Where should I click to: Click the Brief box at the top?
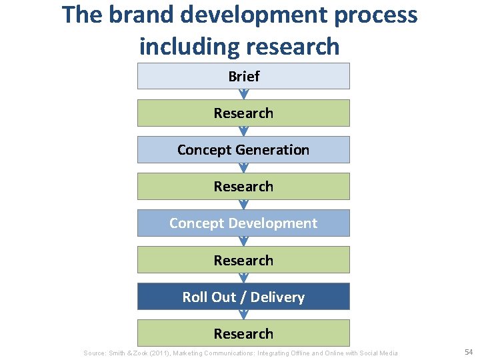coord(243,76)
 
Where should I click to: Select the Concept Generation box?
coord(243,150)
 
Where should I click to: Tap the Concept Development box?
coord(243,223)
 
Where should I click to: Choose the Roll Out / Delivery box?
coord(243,297)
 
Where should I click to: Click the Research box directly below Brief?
coord(243,113)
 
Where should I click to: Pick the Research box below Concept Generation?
coord(243,187)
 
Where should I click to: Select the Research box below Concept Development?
coord(243,260)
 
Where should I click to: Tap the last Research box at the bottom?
coord(243,333)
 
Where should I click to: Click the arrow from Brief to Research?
coord(243,95)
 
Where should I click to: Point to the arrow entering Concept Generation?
coord(243,131)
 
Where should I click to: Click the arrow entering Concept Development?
coord(243,205)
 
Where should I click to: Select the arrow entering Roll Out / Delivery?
coord(243,278)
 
